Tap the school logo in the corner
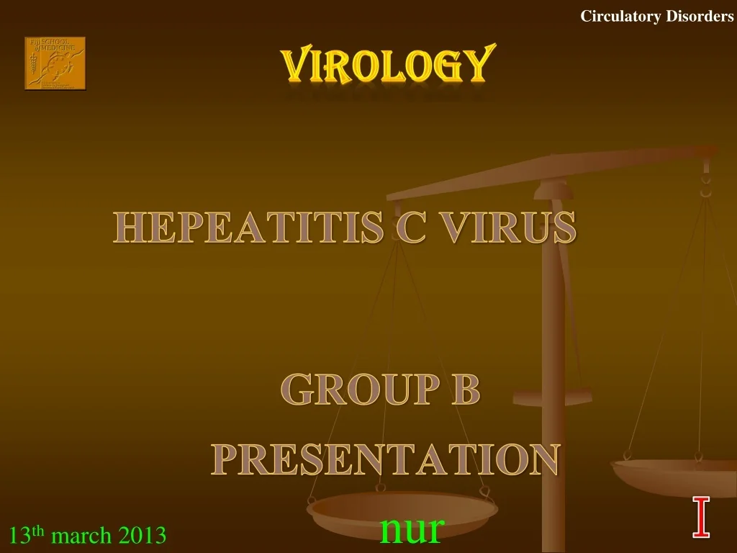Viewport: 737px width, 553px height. (55, 63)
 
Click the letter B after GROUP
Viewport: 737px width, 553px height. (465, 391)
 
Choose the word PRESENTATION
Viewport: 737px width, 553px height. (386, 459)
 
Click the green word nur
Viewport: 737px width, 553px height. (412, 529)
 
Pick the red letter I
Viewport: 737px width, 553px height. (701, 517)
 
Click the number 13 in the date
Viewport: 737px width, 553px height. (19, 536)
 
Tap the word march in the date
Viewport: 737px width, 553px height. (82, 536)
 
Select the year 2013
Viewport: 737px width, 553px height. (143, 536)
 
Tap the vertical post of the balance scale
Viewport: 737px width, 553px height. (553, 346)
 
